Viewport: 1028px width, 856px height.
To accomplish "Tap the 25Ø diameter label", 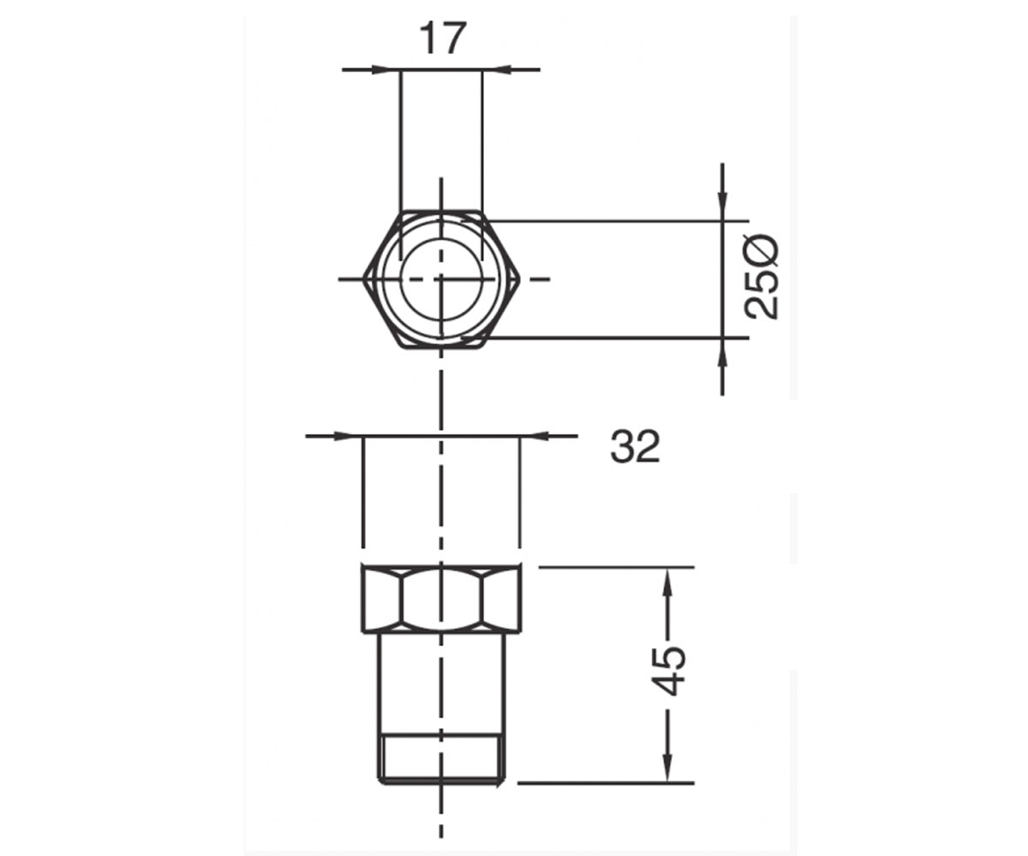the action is (x=762, y=277).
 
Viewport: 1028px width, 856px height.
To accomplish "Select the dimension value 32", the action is (x=635, y=446).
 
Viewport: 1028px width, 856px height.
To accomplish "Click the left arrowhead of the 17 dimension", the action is (x=386, y=70).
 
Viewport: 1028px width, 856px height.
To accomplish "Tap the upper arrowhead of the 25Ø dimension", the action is (x=722, y=206).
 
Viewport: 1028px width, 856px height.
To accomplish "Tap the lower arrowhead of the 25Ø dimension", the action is (x=722, y=354).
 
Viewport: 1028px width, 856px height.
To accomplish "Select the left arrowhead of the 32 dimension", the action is (x=348, y=436).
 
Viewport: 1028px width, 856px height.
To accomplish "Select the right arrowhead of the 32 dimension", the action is (x=535, y=436).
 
